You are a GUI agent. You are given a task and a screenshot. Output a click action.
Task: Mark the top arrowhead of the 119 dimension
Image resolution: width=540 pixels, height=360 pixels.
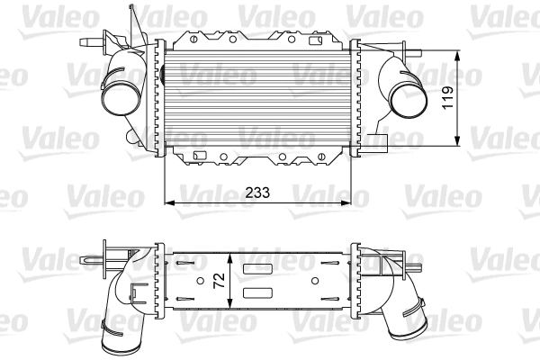(x=461, y=49)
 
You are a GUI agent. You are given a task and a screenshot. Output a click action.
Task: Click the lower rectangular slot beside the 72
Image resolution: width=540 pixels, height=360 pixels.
(x=258, y=292)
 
